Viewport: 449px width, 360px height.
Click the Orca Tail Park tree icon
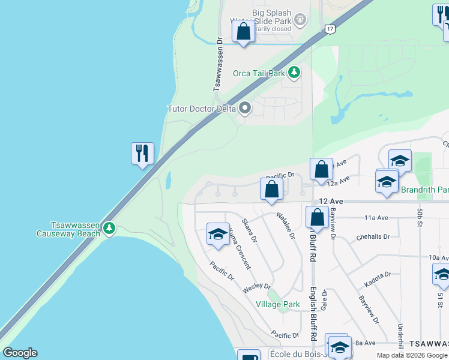[294, 73]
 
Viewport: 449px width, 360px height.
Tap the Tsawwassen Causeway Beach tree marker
[109, 228]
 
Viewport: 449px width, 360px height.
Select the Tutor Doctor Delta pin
[244, 109]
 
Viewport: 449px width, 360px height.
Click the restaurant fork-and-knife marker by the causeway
[142, 154]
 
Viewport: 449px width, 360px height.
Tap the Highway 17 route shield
[330, 29]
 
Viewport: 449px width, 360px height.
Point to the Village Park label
[277, 304]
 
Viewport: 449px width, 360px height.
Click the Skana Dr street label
[249, 230]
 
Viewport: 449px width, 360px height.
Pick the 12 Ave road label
[331, 202]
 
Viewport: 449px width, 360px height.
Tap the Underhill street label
[400, 332]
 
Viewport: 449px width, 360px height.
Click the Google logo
[20, 353]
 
